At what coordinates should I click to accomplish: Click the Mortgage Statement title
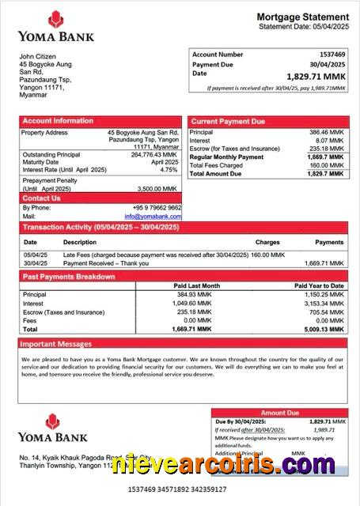coord(302,17)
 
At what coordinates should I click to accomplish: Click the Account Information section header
coord(58,121)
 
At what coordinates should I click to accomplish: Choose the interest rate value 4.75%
coord(169,170)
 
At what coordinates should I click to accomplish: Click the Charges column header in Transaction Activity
coord(267,242)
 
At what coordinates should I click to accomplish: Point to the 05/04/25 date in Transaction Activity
coord(35,255)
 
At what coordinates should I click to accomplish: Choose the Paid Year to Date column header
coord(319,285)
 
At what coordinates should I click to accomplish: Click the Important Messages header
coord(56,345)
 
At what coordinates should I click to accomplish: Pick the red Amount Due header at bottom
coord(279,413)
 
